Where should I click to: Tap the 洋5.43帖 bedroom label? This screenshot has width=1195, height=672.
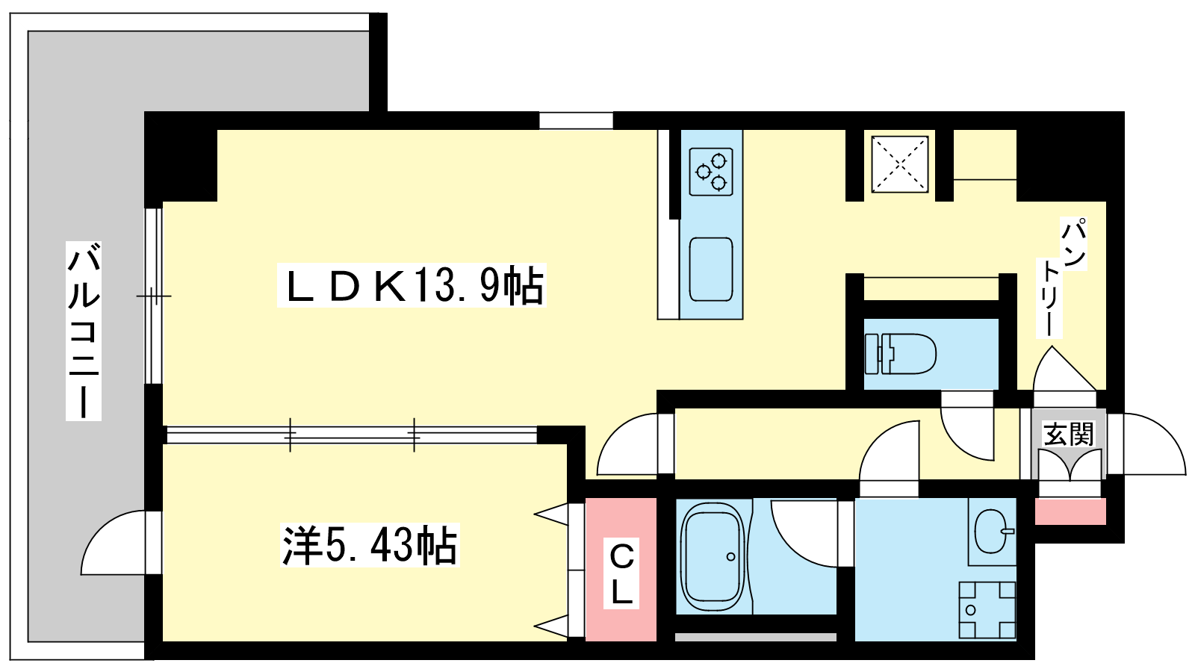pos(370,544)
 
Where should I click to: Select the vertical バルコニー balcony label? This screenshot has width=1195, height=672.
pos(84,331)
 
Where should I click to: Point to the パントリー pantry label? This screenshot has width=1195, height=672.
pos(1061,277)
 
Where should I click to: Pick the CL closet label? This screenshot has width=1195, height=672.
pos(621,573)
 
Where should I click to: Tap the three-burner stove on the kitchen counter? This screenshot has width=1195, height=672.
pos(710,172)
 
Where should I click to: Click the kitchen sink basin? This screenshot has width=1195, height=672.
pos(710,270)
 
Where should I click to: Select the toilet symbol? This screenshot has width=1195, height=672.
pos(901,354)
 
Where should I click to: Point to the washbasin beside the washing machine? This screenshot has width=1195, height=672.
pos(991,531)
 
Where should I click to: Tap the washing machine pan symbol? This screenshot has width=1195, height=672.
pos(987,609)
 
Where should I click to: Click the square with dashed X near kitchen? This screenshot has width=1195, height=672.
pos(899,164)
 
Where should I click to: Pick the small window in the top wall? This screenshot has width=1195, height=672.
pos(576,120)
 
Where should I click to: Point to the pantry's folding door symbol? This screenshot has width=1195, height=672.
pos(1064,368)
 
